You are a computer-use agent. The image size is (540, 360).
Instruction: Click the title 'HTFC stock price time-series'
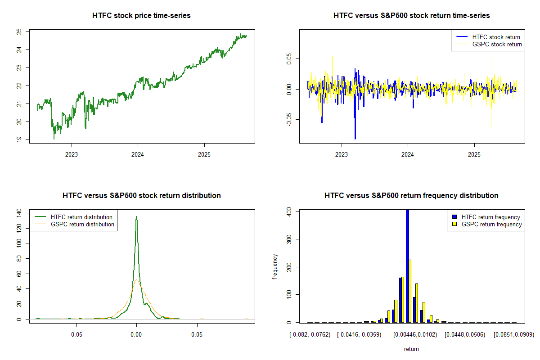point(141,16)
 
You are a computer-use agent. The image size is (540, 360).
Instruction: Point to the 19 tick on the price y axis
point(19,140)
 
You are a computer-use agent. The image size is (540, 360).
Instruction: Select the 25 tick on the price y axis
point(19,31)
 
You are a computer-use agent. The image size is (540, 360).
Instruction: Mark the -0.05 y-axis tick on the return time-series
point(289,119)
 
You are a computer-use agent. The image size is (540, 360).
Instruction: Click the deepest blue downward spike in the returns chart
point(355,137)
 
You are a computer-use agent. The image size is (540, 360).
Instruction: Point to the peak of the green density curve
point(136,216)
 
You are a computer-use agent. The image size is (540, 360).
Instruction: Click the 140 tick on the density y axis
point(19,212)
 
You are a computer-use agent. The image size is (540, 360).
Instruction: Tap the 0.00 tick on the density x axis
point(136,335)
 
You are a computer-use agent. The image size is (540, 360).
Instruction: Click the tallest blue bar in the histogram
point(407,265)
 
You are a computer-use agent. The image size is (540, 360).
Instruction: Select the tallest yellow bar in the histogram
point(410,291)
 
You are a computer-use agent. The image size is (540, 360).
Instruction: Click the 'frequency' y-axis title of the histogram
point(275,266)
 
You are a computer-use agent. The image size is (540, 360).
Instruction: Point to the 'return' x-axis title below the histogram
point(411,349)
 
